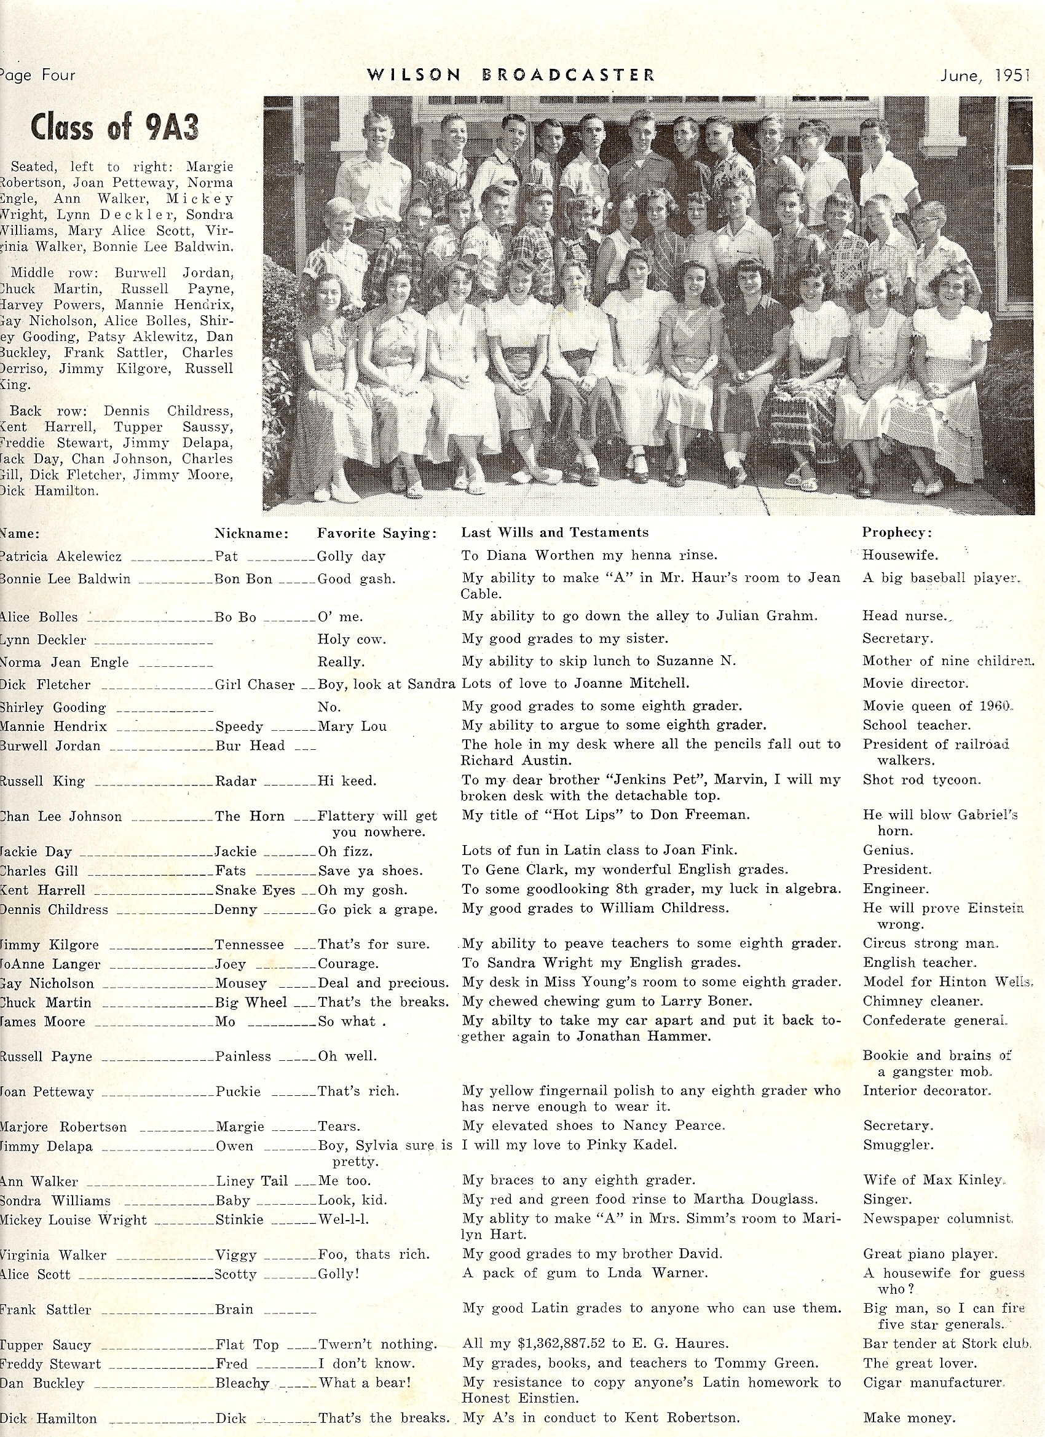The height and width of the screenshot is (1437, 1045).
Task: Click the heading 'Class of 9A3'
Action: pos(115,127)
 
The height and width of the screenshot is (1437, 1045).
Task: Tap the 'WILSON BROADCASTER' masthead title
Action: pos(511,76)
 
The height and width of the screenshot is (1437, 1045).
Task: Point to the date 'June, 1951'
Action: pos(984,76)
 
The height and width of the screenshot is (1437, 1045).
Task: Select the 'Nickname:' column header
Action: pos(251,533)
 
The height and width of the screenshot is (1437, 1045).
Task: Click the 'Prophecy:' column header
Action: pos(897,532)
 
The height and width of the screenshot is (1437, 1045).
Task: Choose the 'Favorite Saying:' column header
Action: pos(377,533)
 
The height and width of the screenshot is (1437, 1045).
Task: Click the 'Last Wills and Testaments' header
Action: pos(554,532)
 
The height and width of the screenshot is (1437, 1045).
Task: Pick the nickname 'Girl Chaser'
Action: pos(254,684)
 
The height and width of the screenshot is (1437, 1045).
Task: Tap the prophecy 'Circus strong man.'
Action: pos(930,943)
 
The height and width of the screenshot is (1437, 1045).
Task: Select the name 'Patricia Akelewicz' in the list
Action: pos(61,556)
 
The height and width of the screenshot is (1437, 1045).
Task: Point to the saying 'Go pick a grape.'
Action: pos(377,909)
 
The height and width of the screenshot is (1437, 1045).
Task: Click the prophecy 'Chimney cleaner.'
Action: pos(923,1001)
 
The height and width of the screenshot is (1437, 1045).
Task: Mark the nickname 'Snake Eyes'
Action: pos(254,890)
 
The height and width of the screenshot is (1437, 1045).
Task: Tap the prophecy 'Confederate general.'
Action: pos(935,1020)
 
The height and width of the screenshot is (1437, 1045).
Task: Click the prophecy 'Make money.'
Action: pos(909,1418)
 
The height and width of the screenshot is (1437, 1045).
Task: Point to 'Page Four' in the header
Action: pos(38,76)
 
